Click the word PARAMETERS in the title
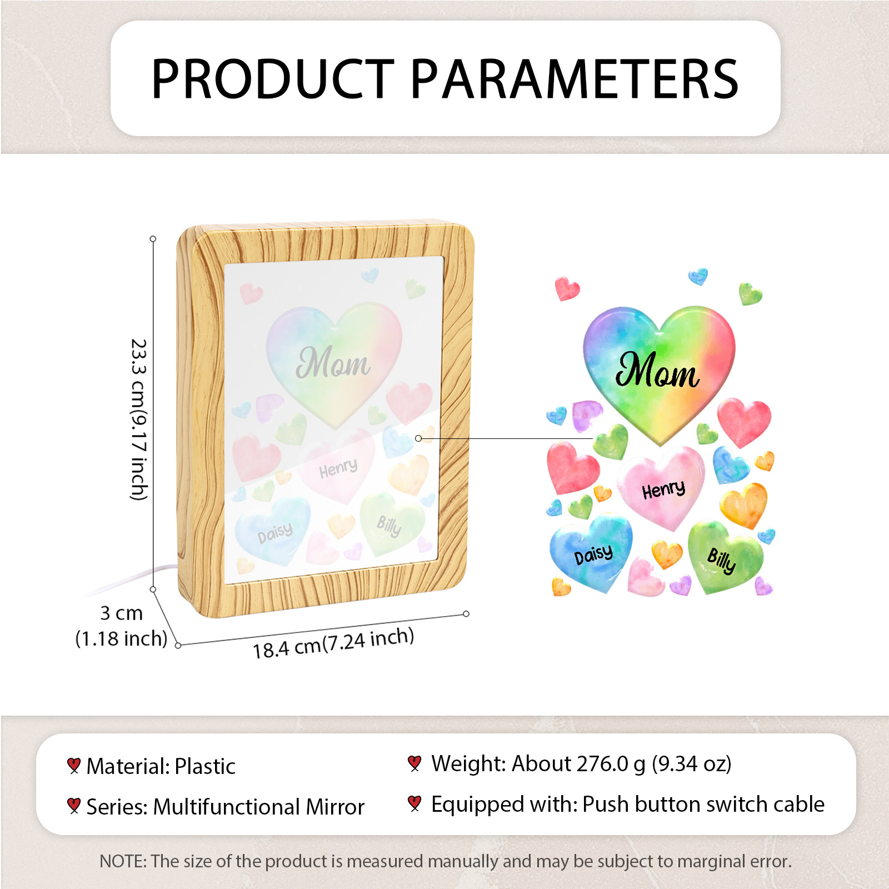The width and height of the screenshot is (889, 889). [575, 79]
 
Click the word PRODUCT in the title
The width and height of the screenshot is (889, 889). [272, 79]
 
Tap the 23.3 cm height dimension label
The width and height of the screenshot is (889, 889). [139, 419]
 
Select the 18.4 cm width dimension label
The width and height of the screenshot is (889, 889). [333, 643]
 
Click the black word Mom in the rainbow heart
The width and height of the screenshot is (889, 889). [657, 371]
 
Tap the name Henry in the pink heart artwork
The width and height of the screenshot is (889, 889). [663, 490]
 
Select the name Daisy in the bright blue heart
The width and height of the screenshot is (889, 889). [593, 554]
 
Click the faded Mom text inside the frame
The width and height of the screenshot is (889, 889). [333, 363]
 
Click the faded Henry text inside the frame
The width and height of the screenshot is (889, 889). [338, 468]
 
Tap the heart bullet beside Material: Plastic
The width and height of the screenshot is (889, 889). [73, 766]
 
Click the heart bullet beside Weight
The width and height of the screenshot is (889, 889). [414, 763]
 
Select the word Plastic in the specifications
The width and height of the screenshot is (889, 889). [205, 766]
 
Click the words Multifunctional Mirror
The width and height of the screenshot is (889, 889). [259, 807]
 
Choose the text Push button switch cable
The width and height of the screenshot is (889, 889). [703, 804]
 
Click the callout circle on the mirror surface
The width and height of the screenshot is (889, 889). [418, 438]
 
